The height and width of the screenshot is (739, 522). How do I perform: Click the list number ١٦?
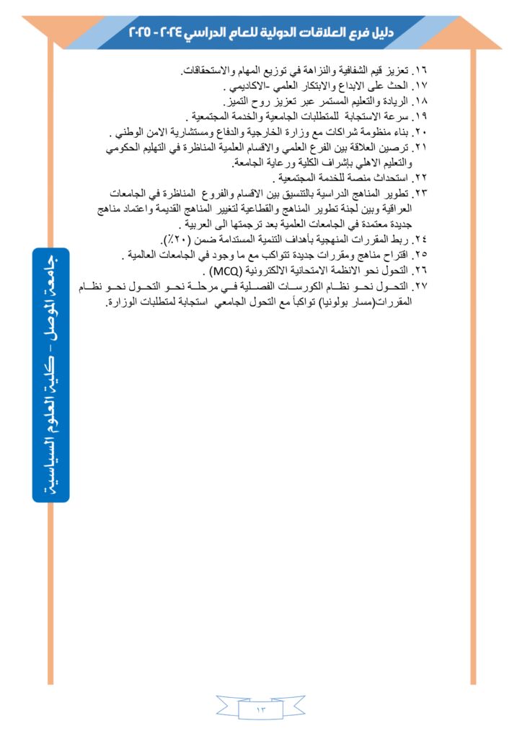coord(422,71)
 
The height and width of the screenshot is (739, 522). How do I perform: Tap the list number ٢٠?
coord(422,133)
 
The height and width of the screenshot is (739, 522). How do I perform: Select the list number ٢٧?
coord(422,287)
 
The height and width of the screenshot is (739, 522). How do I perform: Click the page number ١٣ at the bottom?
coord(261,711)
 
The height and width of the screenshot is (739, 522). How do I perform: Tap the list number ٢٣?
coord(422,194)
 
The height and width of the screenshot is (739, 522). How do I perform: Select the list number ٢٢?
coord(422,178)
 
